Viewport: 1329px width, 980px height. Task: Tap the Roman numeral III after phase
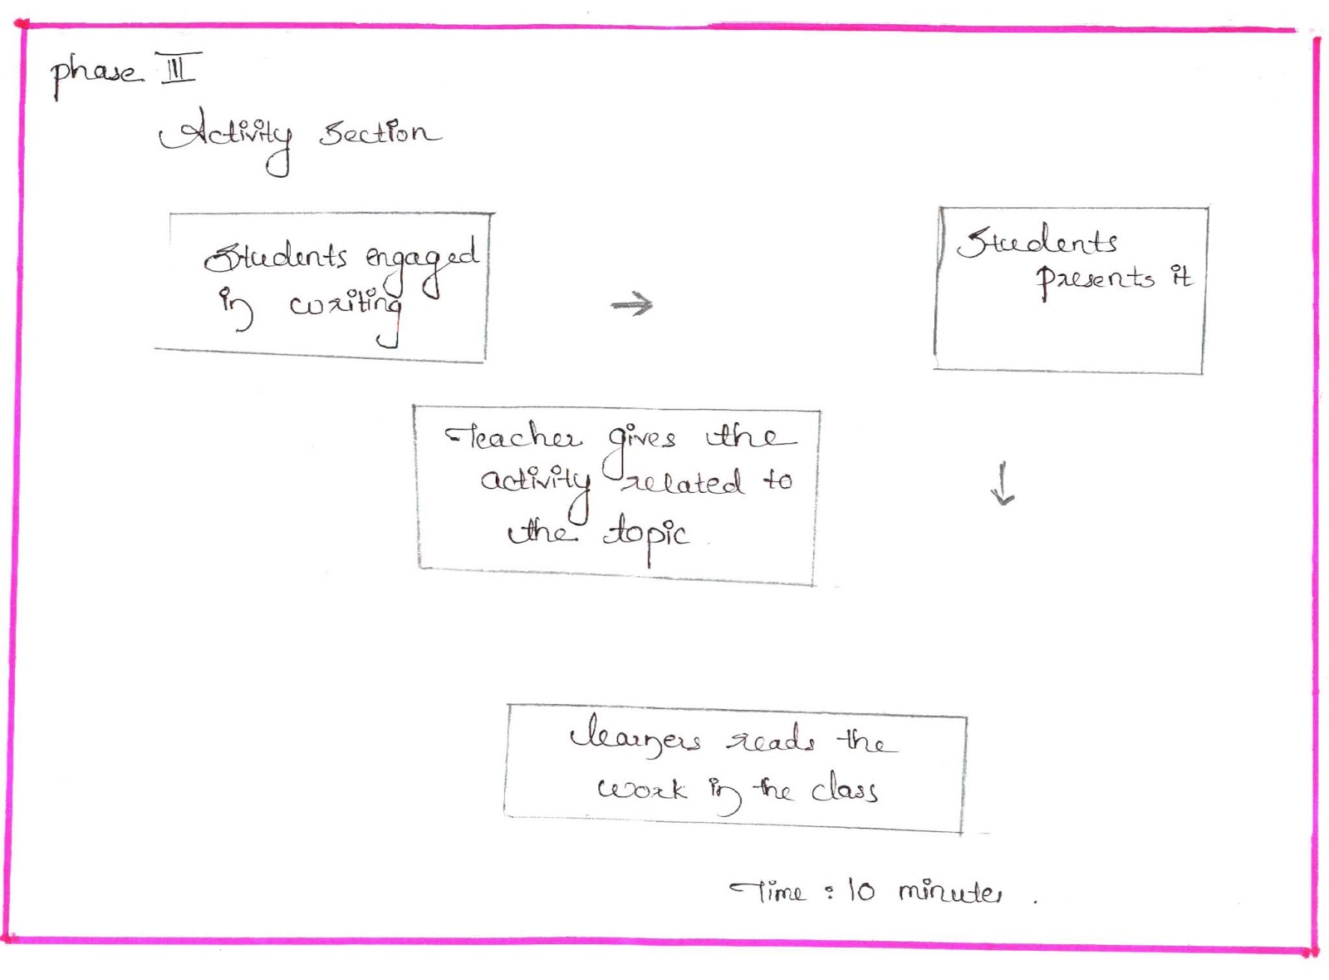tap(178, 68)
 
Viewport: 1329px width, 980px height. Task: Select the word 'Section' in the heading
tap(379, 133)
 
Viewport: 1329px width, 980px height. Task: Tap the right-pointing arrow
tap(632, 304)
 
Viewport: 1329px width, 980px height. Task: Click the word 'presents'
tap(1095, 279)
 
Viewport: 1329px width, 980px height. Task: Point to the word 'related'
tap(684, 482)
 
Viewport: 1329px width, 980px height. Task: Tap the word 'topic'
tap(645, 534)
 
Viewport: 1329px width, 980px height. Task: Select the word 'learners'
tap(635, 739)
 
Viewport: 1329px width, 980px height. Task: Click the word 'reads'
tap(770, 739)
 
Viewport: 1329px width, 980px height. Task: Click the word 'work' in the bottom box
tap(641, 789)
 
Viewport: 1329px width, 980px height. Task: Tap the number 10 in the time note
tap(861, 891)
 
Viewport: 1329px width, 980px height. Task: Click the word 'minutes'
tap(950, 892)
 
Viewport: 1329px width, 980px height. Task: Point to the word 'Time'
tap(769, 892)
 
